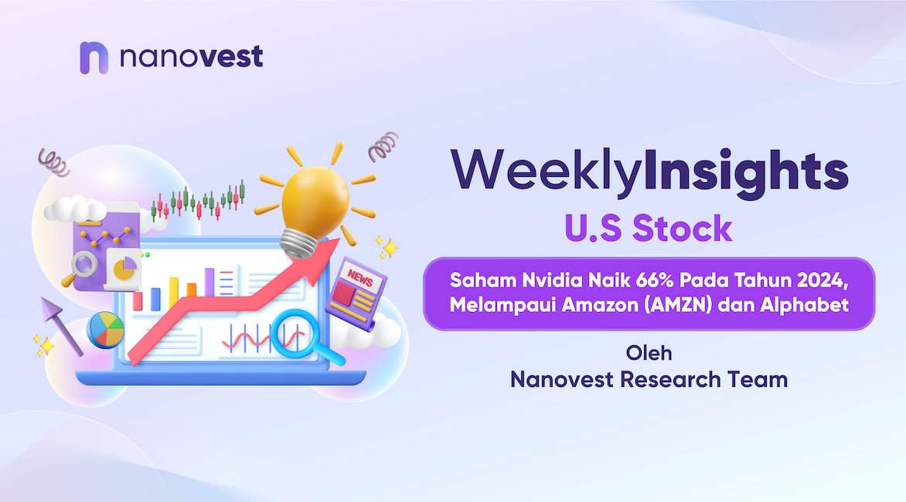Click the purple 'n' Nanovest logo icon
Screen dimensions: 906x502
coord(94,58)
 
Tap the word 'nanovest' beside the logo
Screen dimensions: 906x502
coord(191,56)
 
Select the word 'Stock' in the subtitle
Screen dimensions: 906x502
coord(683,228)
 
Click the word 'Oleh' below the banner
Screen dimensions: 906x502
coord(649,352)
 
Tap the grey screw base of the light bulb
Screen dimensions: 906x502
coord(298,245)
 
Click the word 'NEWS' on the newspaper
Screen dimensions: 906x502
coord(360,278)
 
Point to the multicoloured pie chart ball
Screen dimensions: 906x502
coord(106,330)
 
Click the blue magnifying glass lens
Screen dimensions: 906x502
coord(294,334)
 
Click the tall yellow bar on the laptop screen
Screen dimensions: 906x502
coord(174,293)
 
